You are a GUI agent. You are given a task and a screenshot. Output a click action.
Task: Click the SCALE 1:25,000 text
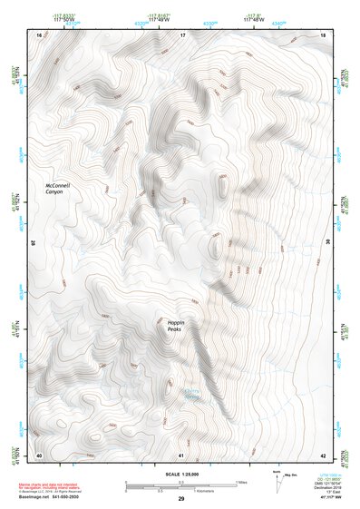coord(180,473)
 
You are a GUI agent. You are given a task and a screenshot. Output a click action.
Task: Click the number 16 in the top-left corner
coord(39,34)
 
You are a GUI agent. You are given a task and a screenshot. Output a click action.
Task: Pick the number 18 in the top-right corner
coord(324,34)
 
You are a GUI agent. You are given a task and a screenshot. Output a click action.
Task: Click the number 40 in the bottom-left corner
coord(39,455)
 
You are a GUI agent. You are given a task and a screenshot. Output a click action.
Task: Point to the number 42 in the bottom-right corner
coord(324,455)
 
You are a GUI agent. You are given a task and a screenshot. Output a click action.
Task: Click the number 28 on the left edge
coord(35,243)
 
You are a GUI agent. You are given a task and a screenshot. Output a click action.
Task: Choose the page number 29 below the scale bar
coord(181,499)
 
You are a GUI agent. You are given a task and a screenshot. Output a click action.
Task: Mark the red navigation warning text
coord(54,487)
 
